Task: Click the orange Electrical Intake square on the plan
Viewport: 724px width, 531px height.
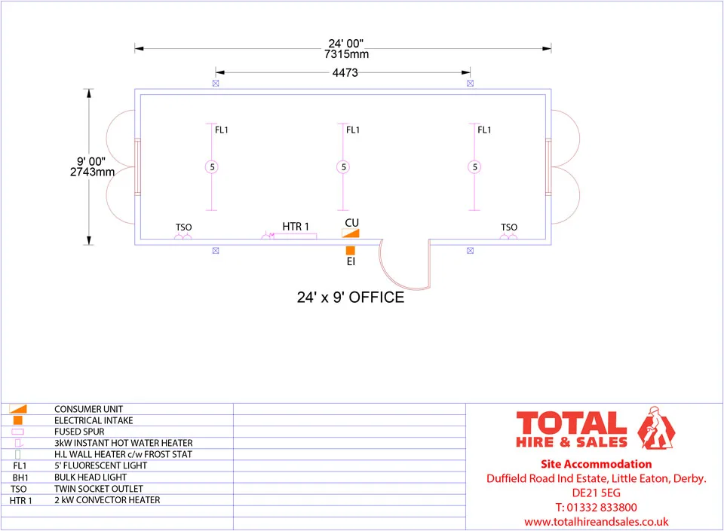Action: point(351,251)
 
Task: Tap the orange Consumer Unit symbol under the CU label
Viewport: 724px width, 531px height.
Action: point(351,233)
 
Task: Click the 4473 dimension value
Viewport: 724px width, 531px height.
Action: point(345,73)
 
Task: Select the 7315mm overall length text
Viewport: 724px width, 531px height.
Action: point(346,54)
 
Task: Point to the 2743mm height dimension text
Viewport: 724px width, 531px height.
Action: point(92,172)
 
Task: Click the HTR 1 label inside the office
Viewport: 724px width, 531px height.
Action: point(296,227)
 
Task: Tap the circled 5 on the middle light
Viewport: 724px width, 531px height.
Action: point(343,167)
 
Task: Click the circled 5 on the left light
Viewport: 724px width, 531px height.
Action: point(212,167)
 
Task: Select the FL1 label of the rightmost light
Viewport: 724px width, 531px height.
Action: point(484,130)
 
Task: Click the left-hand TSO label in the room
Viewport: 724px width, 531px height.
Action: point(183,227)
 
